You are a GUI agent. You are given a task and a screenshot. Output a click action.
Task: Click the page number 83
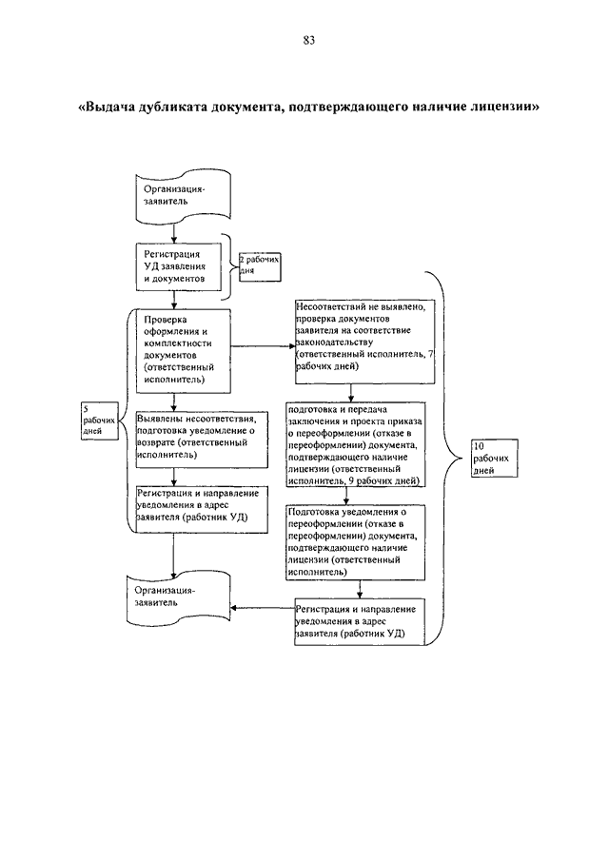point(308,40)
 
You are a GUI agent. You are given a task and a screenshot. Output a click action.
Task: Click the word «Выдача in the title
point(108,106)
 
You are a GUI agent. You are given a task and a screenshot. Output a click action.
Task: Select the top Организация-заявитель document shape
point(184,197)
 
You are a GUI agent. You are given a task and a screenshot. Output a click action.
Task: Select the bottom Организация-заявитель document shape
point(179,598)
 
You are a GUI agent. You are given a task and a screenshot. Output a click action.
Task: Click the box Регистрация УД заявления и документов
point(179,267)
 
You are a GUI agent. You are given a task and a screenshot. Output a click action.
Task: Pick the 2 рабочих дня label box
point(259,267)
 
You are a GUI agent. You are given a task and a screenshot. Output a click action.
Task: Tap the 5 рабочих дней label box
point(99,421)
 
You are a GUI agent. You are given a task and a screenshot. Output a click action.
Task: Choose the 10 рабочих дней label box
point(494,458)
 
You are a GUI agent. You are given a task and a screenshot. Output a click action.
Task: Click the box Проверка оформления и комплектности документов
point(183,351)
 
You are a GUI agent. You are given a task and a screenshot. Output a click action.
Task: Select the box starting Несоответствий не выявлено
point(365,342)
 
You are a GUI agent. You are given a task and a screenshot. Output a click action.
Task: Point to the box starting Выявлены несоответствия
point(202,440)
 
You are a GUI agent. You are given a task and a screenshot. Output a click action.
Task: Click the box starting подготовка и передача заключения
point(356,445)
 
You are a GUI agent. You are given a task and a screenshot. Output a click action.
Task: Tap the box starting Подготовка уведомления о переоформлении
point(356,542)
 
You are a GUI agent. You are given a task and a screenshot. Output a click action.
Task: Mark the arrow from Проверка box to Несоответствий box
point(263,346)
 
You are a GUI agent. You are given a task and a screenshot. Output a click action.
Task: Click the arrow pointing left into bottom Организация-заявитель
point(263,608)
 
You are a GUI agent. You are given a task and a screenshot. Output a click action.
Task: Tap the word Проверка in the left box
point(166,320)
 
